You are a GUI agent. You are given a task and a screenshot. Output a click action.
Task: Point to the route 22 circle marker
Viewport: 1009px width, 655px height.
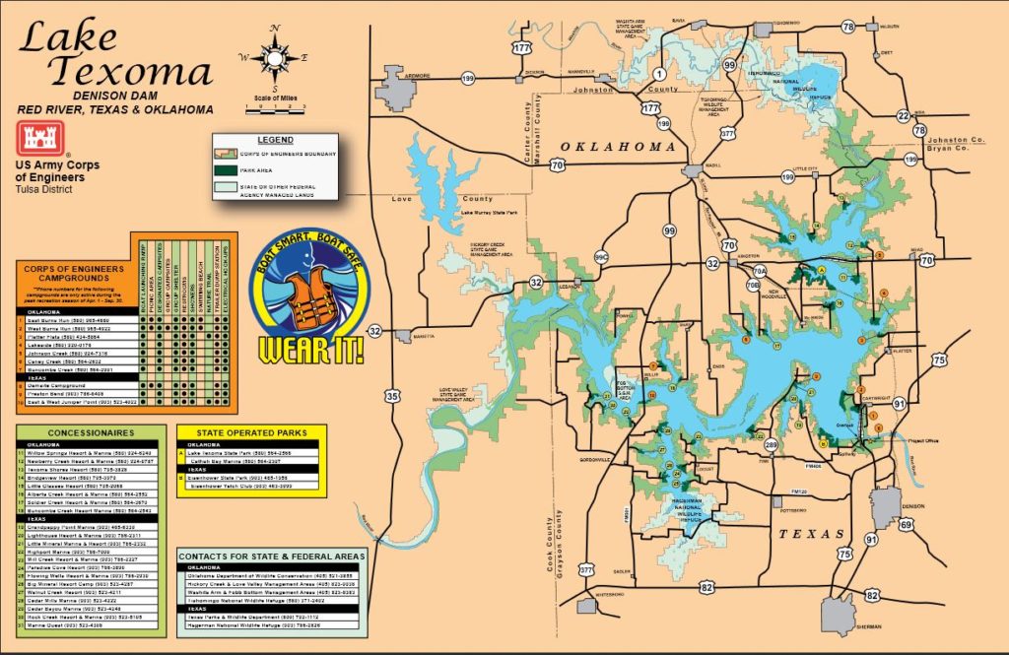click(x=903, y=115)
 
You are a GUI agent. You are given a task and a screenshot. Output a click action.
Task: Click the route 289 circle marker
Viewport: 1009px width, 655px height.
click(x=771, y=445)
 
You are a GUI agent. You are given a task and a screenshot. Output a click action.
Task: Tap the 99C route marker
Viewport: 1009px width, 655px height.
click(x=601, y=258)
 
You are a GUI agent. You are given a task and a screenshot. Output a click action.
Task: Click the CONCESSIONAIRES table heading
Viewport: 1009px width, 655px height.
click(x=89, y=431)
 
